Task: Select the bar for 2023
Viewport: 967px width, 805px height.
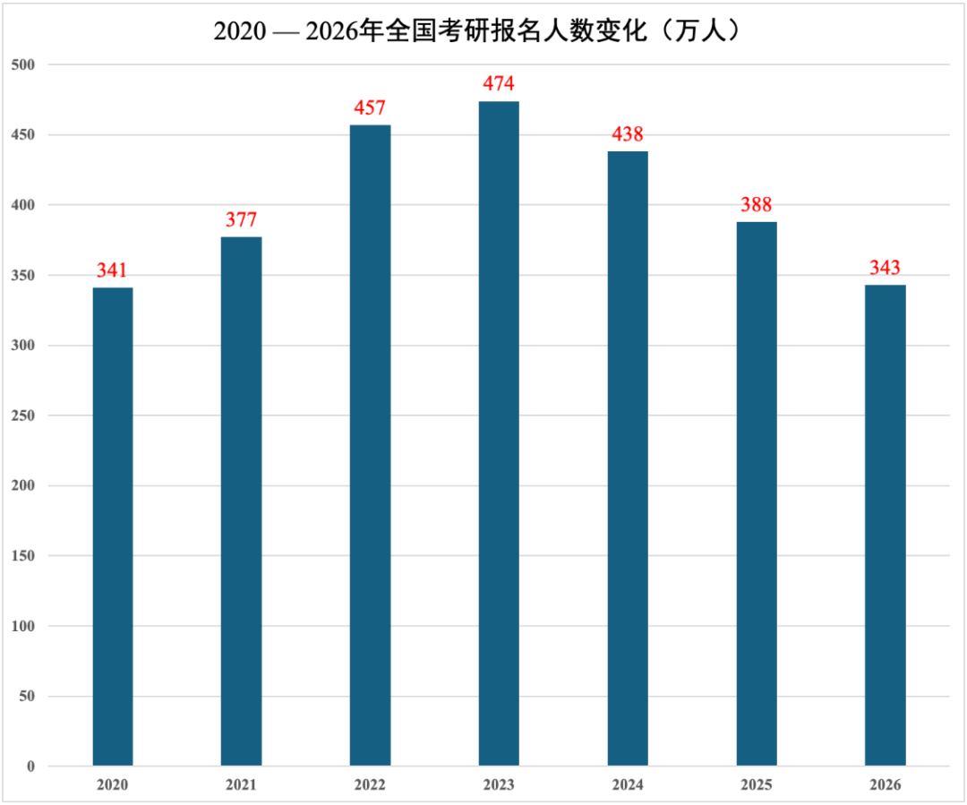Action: [x=499, y=433]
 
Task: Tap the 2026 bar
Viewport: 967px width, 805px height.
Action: [x=885, y=526]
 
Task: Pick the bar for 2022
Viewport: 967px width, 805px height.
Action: [x=370, y=445]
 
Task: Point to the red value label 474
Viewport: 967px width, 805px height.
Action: [x=499, y=84]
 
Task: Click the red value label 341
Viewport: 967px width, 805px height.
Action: [x=113, y=270]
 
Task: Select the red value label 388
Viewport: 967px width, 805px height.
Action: [x=757, y=205]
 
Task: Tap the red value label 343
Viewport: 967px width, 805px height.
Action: [x=885, y=268]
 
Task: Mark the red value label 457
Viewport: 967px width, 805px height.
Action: [x=370, y=108]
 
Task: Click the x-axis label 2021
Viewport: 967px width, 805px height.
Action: [x=242, y=785]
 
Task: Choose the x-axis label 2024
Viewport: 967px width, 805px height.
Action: [x=628, y=785]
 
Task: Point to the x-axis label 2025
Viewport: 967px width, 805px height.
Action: [x=757, y=785]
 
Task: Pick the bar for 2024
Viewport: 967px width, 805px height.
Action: [x=628, y=458]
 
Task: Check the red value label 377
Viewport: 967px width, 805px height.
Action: [x=242, y=220]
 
